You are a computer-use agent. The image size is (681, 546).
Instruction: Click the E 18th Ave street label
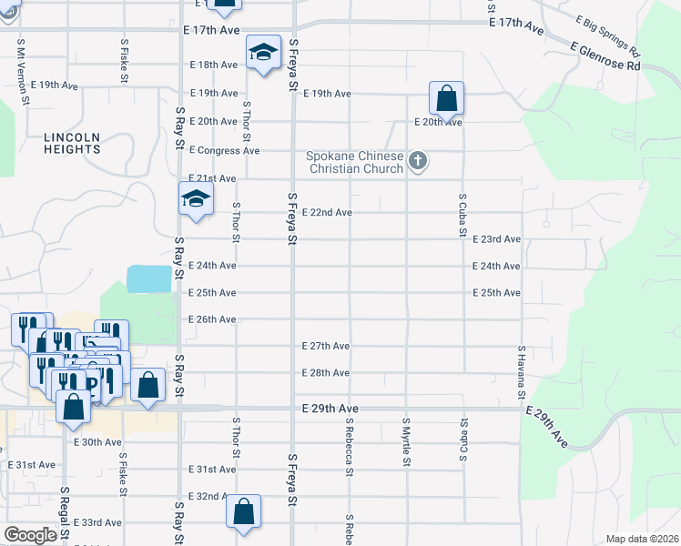click(213, 65)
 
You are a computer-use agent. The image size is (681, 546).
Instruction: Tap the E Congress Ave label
click(224, 150)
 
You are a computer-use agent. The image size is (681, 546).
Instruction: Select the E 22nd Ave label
click(327, 212)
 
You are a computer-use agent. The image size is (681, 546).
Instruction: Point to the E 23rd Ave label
click(496, 238)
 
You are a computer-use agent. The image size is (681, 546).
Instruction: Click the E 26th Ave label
click(212, 319)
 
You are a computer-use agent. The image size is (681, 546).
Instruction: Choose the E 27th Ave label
click(326, 346)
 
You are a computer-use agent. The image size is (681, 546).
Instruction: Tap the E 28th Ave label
click(326, 373)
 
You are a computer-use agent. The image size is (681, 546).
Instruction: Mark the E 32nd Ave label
click(212, 496)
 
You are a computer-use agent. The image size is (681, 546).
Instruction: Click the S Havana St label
click(522, 371)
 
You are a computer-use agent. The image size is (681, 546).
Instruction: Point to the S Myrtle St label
click(406, 443)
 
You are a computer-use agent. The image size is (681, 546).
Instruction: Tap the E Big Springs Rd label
click(608, 34)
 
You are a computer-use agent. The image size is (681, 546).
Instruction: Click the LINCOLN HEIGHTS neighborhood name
click(72, 144)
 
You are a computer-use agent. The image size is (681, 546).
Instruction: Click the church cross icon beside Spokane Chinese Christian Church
click(418, 162)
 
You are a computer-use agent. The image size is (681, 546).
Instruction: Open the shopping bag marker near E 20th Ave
click(446, 97)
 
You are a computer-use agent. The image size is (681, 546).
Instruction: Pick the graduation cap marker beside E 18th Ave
click(262, 52)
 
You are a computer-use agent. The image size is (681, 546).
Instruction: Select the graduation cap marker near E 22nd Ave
click(196, 198)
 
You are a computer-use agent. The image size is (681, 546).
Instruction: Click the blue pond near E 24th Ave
click(148, 278)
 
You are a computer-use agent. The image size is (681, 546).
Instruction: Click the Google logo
click(30, 535)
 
